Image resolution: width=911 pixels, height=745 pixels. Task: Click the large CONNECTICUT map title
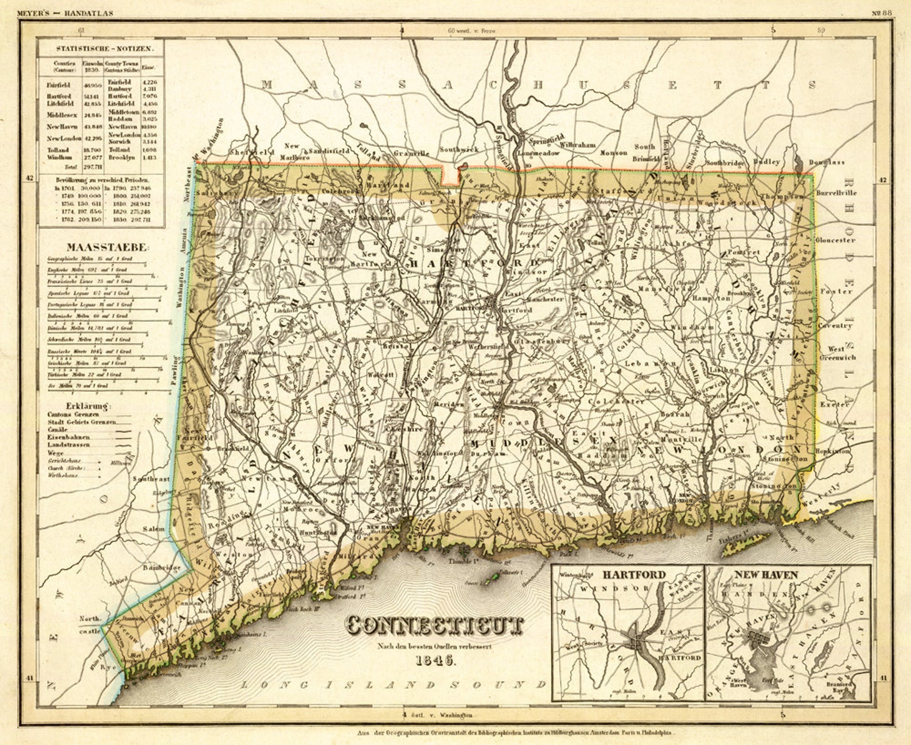click(435, 626)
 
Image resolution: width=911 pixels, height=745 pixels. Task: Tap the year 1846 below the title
click(435, 659)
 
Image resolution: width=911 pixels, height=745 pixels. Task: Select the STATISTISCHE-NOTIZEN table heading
click(101, 49)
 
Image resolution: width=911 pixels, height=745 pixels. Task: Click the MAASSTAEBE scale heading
click(108, 248)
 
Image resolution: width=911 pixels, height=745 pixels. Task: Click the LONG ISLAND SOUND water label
click(393, 685)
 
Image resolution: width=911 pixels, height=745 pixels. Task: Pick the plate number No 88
click(883, 13)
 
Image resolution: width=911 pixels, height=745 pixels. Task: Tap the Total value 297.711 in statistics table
click(92, 167)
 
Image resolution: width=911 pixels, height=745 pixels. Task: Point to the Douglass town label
click(827, 162)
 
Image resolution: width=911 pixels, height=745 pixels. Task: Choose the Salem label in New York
click(153, 529)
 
